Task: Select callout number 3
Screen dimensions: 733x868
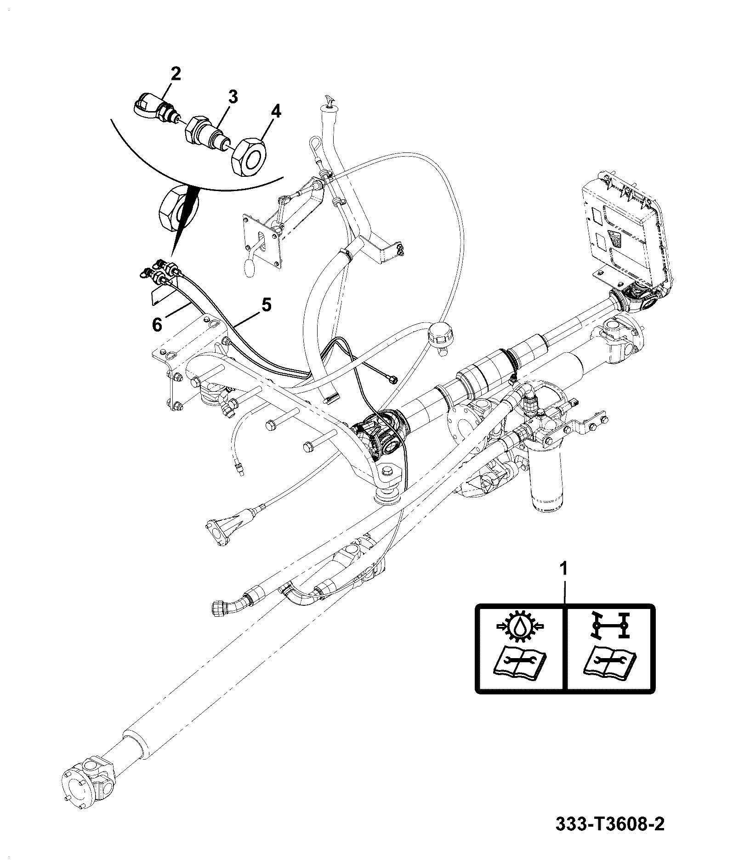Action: [x=233, y=97]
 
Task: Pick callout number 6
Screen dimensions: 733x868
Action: [x=157, y=325]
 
